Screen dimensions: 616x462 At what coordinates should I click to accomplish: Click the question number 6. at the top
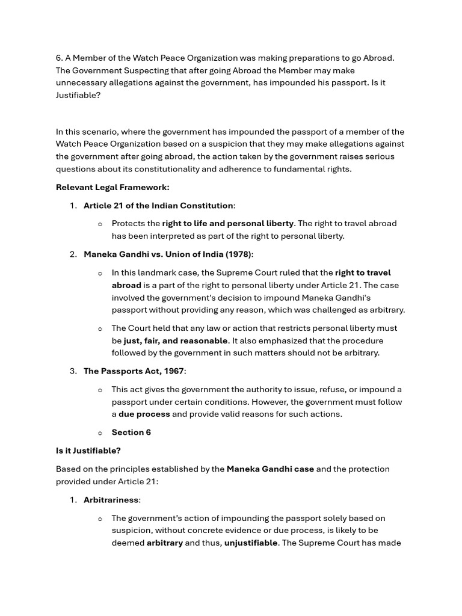click(x=60, y=58)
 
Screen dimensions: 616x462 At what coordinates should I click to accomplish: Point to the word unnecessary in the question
click(x=84, y=82)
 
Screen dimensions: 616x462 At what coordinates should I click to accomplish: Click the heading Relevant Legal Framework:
click(x=112, y=187)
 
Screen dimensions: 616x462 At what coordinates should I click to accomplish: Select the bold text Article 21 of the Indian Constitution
click(x=158, y=206)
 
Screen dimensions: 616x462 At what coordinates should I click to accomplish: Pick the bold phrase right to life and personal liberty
click(x=228, y=223)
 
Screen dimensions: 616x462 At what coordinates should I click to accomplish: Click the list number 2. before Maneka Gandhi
click(x=73, y=254)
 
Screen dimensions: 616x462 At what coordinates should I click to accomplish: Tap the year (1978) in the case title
click(x=238, y=254)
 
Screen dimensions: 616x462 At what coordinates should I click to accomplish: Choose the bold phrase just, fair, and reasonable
click(x=176, y=340)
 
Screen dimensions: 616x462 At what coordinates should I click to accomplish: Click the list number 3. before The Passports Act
click(x=73, y=371)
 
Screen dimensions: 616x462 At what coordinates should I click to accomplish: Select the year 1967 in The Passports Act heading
click(x=172, y=371)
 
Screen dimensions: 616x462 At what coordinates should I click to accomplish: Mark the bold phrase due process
click(x=144, y=414)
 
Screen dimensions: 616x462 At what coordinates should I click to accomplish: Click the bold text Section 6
click(x=131, y=433)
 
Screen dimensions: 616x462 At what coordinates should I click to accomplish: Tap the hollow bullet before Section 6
click(x=100, y=433)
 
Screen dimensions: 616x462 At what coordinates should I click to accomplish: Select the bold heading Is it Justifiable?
click(x=88, y=451)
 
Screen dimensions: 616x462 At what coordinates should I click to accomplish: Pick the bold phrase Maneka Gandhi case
click(x=270, y=469)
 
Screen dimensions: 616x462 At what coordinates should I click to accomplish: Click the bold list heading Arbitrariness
click(x=111, y=500)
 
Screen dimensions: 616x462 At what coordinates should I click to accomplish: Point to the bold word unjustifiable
click(x=251, y=543)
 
